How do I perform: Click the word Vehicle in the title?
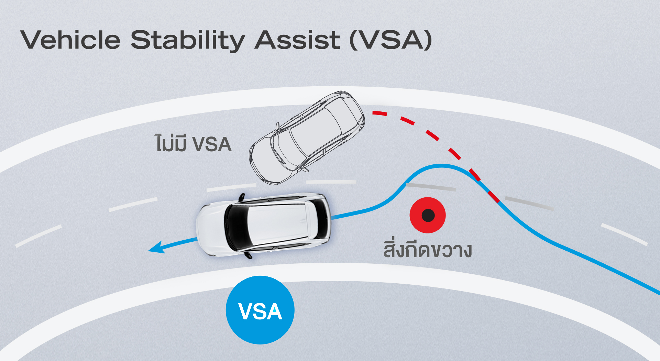(70, 40)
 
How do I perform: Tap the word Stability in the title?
(187, 41)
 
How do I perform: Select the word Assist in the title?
(298, 40)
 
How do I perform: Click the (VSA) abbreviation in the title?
(390, 41)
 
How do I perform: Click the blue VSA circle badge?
(260, 310)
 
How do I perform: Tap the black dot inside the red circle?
(428, 216)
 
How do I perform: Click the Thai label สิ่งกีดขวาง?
(427, 250)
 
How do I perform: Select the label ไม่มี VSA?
(193, 144)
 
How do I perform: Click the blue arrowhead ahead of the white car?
(156, 248)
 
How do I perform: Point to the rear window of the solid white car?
(321, 219)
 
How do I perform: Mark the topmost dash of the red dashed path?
(379, 113)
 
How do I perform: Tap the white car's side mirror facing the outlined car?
(241, 197)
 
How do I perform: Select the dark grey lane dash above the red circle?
(431, 187)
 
